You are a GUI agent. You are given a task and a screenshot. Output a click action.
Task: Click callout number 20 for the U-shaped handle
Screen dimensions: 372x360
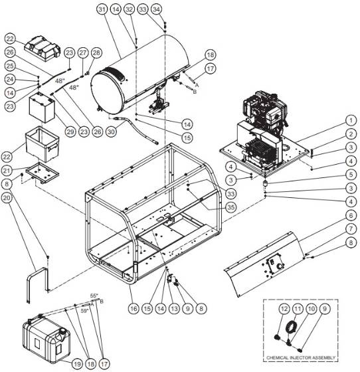coord(7,197)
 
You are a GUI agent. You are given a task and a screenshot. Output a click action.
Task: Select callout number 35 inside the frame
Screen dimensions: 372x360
coord(230,206)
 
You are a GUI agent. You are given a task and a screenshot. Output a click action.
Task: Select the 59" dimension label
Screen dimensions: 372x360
coord(84,310)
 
